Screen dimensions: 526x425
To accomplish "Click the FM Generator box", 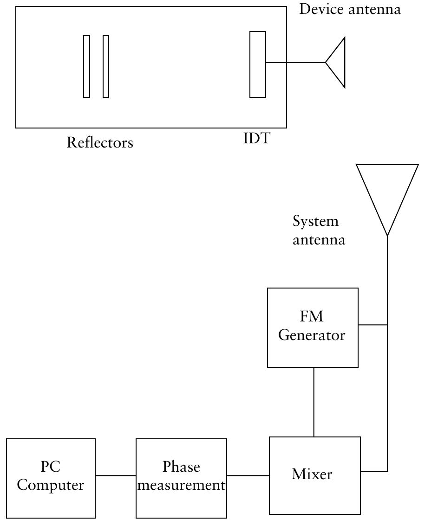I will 313,327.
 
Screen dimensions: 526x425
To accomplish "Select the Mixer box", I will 315,475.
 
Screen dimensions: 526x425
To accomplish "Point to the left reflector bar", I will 86,66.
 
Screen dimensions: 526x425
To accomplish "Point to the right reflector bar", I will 106,66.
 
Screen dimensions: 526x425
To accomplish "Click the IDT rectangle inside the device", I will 258,64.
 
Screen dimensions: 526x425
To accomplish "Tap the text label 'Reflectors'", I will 100,142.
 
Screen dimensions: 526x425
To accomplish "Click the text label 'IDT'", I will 256,138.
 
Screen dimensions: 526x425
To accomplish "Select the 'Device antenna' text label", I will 350,9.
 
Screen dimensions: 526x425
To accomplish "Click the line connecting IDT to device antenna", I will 295,63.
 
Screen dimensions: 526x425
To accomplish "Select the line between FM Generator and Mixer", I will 314,402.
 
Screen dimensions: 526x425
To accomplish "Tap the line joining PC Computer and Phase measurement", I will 116,475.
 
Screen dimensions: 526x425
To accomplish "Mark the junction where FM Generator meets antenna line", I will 387,325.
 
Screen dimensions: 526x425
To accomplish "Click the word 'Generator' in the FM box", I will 312,335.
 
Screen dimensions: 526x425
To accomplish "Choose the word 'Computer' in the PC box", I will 51,486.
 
